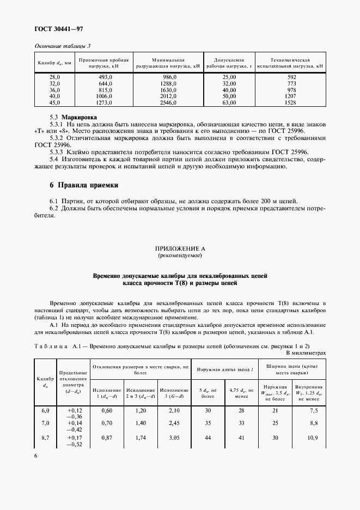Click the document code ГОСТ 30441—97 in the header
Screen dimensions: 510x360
pyautogui.click(x=59, y=28)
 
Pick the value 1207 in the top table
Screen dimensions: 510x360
pyautogui.click(x=291, y=96)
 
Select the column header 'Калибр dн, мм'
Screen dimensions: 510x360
pyautogui.click(x=54, y=63)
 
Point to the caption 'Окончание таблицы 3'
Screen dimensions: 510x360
pyautogui.click(x=63, y=46)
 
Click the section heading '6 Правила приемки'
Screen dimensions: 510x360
pyautogui.click(x=84, y=186)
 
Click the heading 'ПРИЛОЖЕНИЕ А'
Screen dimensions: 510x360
pyautogui.click(x=180, y=249)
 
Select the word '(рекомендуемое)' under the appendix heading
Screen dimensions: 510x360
pyautogui.click(x=180, y=256)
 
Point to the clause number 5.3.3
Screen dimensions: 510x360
pyautogui.click(x=57, y=153)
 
